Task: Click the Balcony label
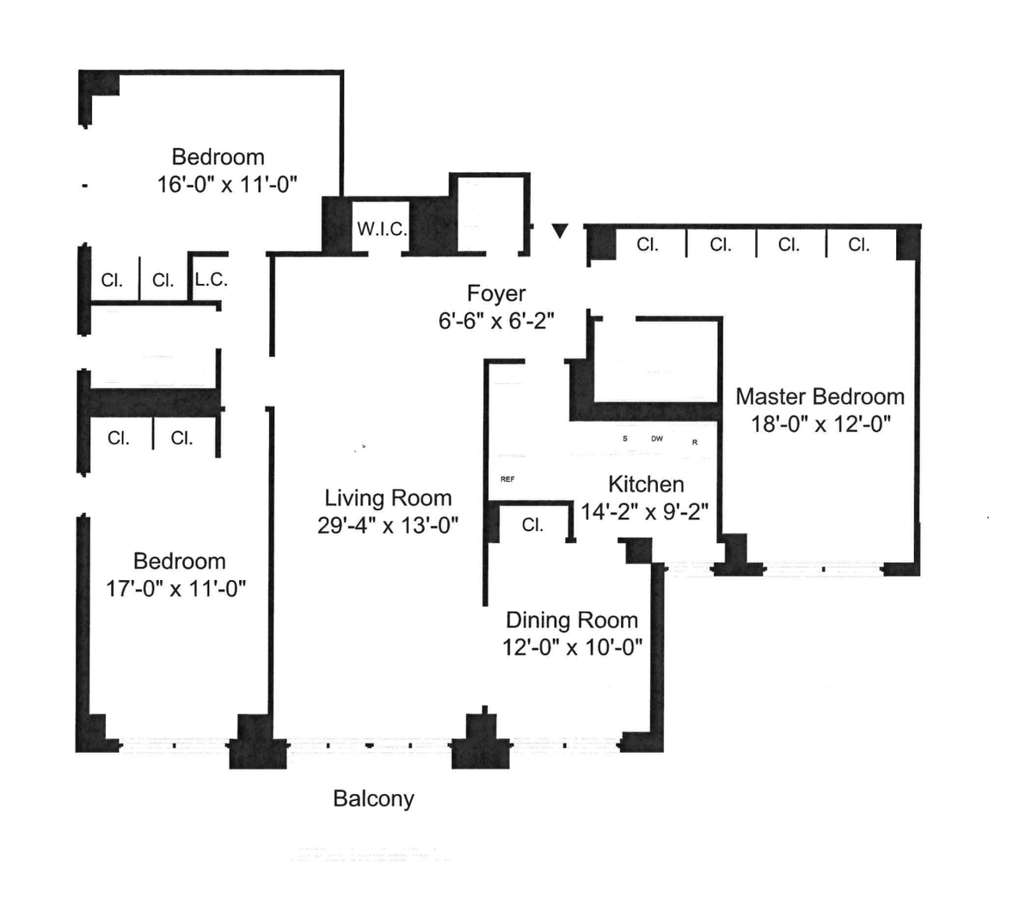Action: (x=373, y=799)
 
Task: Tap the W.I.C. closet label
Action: (x=382, y=229)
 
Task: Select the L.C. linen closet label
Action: (x=212, y=279)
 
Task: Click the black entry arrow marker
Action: (x=560, y=231)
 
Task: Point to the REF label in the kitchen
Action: (x=507, y=479)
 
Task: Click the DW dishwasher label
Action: (x=657, y=439)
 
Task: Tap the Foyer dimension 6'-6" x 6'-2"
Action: (x=496, y=321)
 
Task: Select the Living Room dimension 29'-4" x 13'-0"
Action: (x=388, y=525)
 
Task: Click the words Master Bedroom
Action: (x=820, y=397)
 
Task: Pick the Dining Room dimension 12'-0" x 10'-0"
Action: (x=572, y=647)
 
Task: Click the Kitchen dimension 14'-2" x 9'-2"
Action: (x=645, y=511)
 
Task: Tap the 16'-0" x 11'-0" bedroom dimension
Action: (x=227, y=184)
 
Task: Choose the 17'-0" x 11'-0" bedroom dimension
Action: (x=175, y=589)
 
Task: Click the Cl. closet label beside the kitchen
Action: (x=533, y=525)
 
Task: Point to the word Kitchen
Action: (x=646, y=484)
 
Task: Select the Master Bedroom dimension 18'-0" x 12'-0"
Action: (x=821, y=423)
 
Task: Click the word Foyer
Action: (x=496, y=294)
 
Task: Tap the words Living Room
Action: (x=388, y=498)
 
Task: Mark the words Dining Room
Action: (x=572, y=620)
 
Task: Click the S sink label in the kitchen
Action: (x=625, y=439)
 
